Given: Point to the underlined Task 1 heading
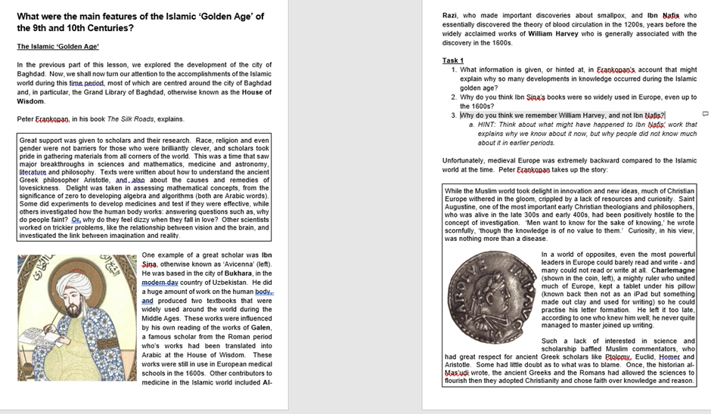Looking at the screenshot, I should (x=452, y=60).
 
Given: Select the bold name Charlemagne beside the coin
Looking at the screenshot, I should (x=674, y=270).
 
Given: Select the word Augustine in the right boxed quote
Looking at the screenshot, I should (x=463, y=207).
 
